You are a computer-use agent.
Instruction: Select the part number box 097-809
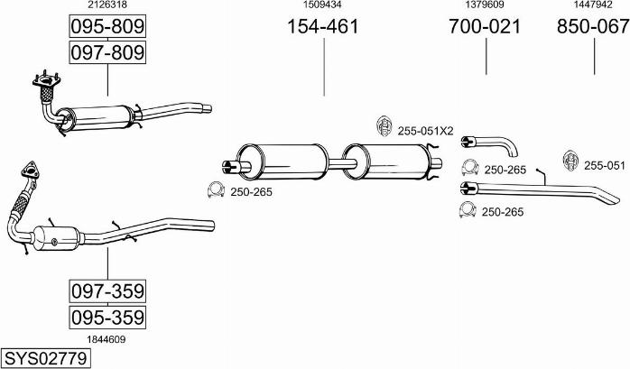107,53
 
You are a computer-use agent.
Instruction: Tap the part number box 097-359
107,291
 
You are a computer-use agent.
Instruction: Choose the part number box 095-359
107,318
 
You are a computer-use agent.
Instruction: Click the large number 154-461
322,26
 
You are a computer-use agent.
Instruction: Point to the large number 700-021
485,26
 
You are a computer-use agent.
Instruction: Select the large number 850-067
593,26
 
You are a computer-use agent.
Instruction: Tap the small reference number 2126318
107,5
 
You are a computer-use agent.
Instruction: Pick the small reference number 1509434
321,5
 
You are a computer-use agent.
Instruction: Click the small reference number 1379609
485,5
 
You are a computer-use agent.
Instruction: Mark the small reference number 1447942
593,5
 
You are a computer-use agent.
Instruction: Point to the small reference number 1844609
107,339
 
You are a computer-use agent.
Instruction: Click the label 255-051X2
425,131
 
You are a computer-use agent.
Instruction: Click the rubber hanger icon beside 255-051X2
383,126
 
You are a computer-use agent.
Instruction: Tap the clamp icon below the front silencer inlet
216,190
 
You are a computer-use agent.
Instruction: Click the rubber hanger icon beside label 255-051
570,161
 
